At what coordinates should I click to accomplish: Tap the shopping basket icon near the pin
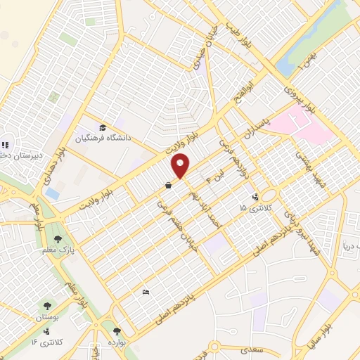pos(169,186)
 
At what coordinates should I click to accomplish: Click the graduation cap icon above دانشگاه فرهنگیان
pos(103,127)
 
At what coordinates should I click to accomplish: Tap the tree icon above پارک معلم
pos(67,239)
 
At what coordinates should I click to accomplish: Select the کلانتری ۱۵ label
pos(254,208)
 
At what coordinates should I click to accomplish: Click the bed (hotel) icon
pos(146,292)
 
